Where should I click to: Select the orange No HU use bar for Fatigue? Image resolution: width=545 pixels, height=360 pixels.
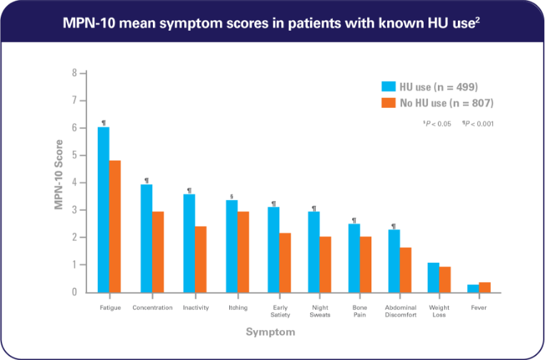[115, 226]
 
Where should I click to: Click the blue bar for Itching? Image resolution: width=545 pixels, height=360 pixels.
[232, 246]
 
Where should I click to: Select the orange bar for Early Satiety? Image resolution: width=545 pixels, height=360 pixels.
[285, 262]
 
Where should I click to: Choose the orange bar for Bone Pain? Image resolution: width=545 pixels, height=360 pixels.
[366, 264]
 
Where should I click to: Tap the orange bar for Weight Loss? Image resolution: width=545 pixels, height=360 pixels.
[446, 279]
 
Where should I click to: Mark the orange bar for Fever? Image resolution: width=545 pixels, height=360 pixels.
[485, 286]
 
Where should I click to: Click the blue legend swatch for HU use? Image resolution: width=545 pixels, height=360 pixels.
[388, 86]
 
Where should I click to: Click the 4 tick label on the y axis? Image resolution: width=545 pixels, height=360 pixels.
[73, 183]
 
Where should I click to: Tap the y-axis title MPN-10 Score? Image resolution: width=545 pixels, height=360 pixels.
[59, 182]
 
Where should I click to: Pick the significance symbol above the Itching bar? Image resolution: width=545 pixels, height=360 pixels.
[231, 196]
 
